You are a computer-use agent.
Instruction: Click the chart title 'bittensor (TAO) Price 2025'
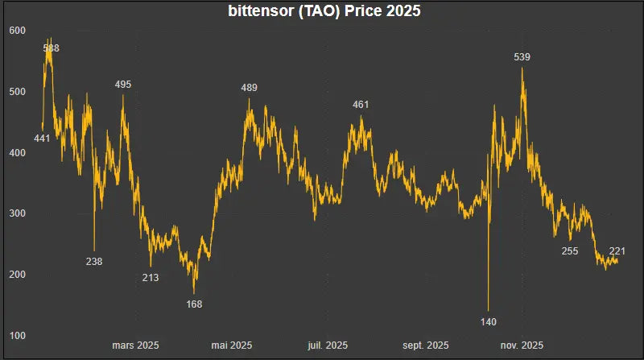pyautogui.click(x=322, y=12)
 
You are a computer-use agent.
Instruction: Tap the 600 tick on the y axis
pyautogui.click(x=18, y=31)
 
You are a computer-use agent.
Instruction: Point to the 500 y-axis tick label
pyautogui.click(x=18, y=92)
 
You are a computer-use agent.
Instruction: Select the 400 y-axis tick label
pyautogui.click(x=18, y=153)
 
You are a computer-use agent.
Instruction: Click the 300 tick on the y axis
pyautogui.click(x=18, y=213)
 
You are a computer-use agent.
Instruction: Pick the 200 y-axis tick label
pyautogui.click(x=18, y=275)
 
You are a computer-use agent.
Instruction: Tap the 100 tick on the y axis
pyautogui.click(x=18, y=335)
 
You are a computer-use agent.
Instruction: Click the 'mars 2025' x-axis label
pyautogui.click(x=135, y=346)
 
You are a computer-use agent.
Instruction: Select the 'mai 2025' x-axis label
pyautogui.click(x=232, y=346)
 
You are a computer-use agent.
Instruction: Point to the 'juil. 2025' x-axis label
pyautogui.click(x=328, y=346)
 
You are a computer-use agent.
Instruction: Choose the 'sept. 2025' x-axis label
pyautogui.click(x=426, y=346)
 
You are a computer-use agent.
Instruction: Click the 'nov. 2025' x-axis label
pyautogui.click(x=522, y=346)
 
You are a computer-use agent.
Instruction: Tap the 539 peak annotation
pyautogui.click(x=522, y=57)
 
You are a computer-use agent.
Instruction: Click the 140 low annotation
pyautogui.click(x=489, y=322)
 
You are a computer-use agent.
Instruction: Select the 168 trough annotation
pyautogui.click(x=194, y=304)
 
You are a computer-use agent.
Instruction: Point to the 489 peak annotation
pyautogui.click(x=250, y=88)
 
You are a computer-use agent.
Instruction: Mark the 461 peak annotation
pyautogui.click(x=361, y=105)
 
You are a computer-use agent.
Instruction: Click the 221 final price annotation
pyautogui.click(x=618, y=250)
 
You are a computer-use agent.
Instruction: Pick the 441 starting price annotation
pyautogui.click(x=42, y=139)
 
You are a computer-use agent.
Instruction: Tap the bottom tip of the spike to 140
pyautogui.click(x=489, y=310)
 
